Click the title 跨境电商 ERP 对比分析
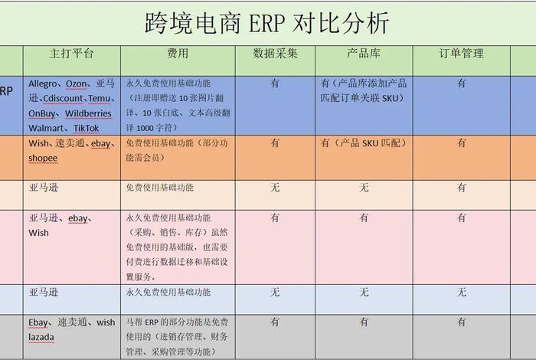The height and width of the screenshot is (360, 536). [267, 23]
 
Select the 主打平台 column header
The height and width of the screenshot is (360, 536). [71, 54]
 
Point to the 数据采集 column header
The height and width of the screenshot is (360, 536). [276, 54]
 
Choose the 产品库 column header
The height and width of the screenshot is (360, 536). [364, 54]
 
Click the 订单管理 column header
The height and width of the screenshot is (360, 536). [461, 54]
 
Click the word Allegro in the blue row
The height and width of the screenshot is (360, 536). [43, 83]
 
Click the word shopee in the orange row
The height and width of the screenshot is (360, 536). [44, 158]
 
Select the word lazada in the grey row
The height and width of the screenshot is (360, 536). [44, 337]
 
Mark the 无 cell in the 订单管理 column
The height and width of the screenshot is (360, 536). [461, 292]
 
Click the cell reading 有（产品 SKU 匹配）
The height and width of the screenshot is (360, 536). [364, 143]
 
